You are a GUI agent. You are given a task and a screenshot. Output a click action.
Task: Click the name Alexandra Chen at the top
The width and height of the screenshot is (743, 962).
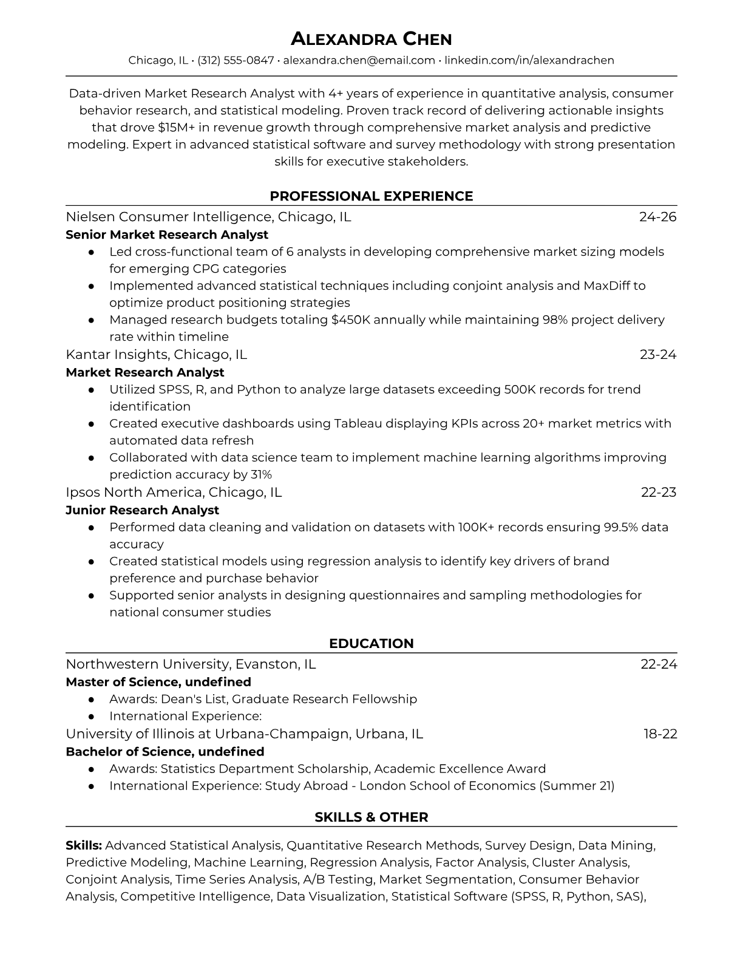[371, 39]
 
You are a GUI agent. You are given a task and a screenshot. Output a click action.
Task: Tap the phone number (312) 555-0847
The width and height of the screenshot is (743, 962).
[236, 60]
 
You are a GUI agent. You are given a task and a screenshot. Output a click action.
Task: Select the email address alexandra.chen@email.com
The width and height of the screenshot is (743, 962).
[359, 60]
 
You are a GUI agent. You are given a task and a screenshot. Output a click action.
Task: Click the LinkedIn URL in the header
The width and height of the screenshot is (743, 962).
[529, 60]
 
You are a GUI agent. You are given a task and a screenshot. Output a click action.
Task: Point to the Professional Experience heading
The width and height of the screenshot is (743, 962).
[371, 196]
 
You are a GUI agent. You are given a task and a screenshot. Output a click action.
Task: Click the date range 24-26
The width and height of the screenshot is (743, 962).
[658, 217]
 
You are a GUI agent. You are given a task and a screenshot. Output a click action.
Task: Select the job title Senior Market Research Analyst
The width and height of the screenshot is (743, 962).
[167, 234]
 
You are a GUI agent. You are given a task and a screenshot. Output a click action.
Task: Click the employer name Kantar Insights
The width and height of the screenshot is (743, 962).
[117, 355]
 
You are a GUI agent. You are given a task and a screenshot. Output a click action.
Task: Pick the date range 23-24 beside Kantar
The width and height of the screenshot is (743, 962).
[658, 355]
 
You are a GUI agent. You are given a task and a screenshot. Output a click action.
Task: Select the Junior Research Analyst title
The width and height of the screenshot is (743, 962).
[142, 510]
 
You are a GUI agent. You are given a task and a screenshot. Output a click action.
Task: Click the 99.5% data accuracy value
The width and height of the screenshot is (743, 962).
[620, 527]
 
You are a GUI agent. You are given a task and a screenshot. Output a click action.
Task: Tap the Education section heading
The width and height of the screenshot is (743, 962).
[371, 644]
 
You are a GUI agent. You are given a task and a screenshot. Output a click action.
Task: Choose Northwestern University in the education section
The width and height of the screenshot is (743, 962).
[146, 664]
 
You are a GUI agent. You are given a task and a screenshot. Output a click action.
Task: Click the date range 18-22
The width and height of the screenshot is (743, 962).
[660, 734]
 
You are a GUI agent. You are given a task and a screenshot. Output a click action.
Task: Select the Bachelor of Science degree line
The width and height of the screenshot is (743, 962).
[165, 751]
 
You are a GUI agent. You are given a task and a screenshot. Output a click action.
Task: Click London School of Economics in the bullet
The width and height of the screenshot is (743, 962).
[447, 786]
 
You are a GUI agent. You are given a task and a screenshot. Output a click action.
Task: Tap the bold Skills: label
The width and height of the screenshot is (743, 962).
[84, 845]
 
